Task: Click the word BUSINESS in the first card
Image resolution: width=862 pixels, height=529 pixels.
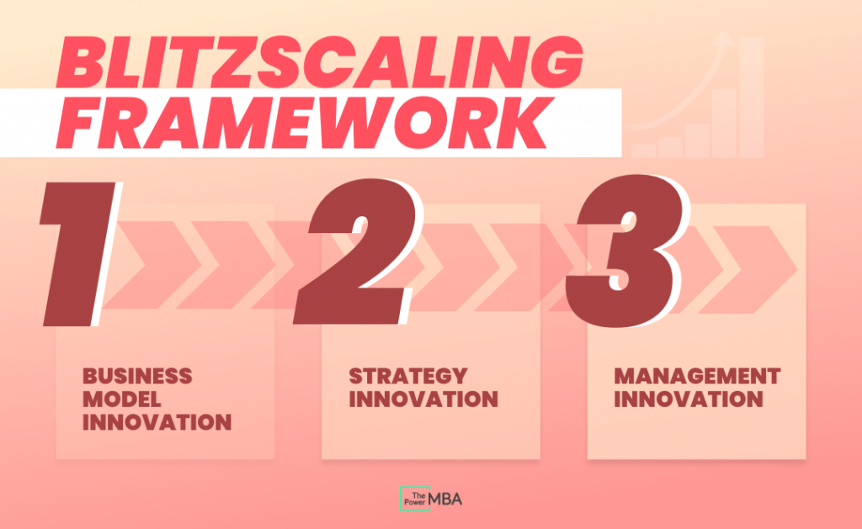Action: pos(137,375)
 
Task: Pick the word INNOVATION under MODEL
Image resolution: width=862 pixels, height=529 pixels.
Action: pos(157,422)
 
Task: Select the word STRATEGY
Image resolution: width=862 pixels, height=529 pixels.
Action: pos(407,375)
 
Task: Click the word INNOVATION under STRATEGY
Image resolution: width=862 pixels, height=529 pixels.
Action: pos(423,399)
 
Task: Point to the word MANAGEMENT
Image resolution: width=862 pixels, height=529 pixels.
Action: pos(697,375)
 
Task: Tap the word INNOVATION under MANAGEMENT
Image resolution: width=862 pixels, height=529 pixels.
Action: pos(689,399)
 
